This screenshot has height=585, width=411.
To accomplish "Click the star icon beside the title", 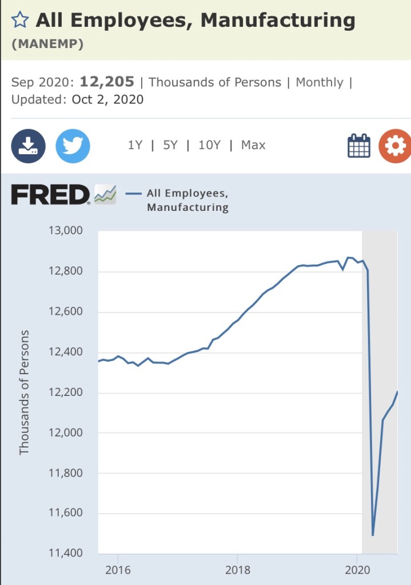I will click(20, 21).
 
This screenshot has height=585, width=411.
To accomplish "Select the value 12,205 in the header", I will click(106, 82).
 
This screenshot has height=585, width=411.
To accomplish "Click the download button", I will click(28, 146).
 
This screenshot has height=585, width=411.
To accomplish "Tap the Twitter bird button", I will click(73, 146).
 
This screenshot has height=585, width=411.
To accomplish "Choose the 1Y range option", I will click(135, 145).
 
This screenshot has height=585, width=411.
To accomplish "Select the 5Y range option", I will click(170, 145).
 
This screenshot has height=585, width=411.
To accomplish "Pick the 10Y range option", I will click(209, 145).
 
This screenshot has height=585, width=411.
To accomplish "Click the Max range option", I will click(253, 145).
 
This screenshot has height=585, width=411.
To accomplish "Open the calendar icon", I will click(359, 146).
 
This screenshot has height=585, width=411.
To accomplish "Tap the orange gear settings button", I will click(394, 146).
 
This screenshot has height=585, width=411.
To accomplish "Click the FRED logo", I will click(50, 195).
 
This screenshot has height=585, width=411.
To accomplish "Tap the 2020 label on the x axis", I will click(357, 570).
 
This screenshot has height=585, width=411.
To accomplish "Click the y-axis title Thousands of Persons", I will click(24, 392).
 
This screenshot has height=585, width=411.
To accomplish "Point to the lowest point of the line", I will click(373, 535).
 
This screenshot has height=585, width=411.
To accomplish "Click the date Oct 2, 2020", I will click(107, 99).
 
